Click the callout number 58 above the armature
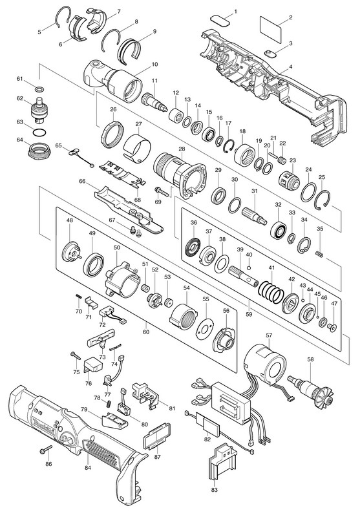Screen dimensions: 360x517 [x=310, y=359]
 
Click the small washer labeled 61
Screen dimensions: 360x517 [x=39, y=89]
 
